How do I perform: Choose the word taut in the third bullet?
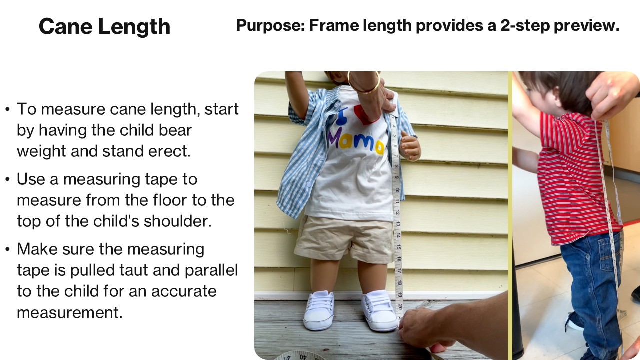coord(162,270)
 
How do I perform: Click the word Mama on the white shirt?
coord(356,141)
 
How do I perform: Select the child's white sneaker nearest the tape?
coord(380,311)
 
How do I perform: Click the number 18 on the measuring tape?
coord(399,282)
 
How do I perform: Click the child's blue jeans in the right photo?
coord(592,280)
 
